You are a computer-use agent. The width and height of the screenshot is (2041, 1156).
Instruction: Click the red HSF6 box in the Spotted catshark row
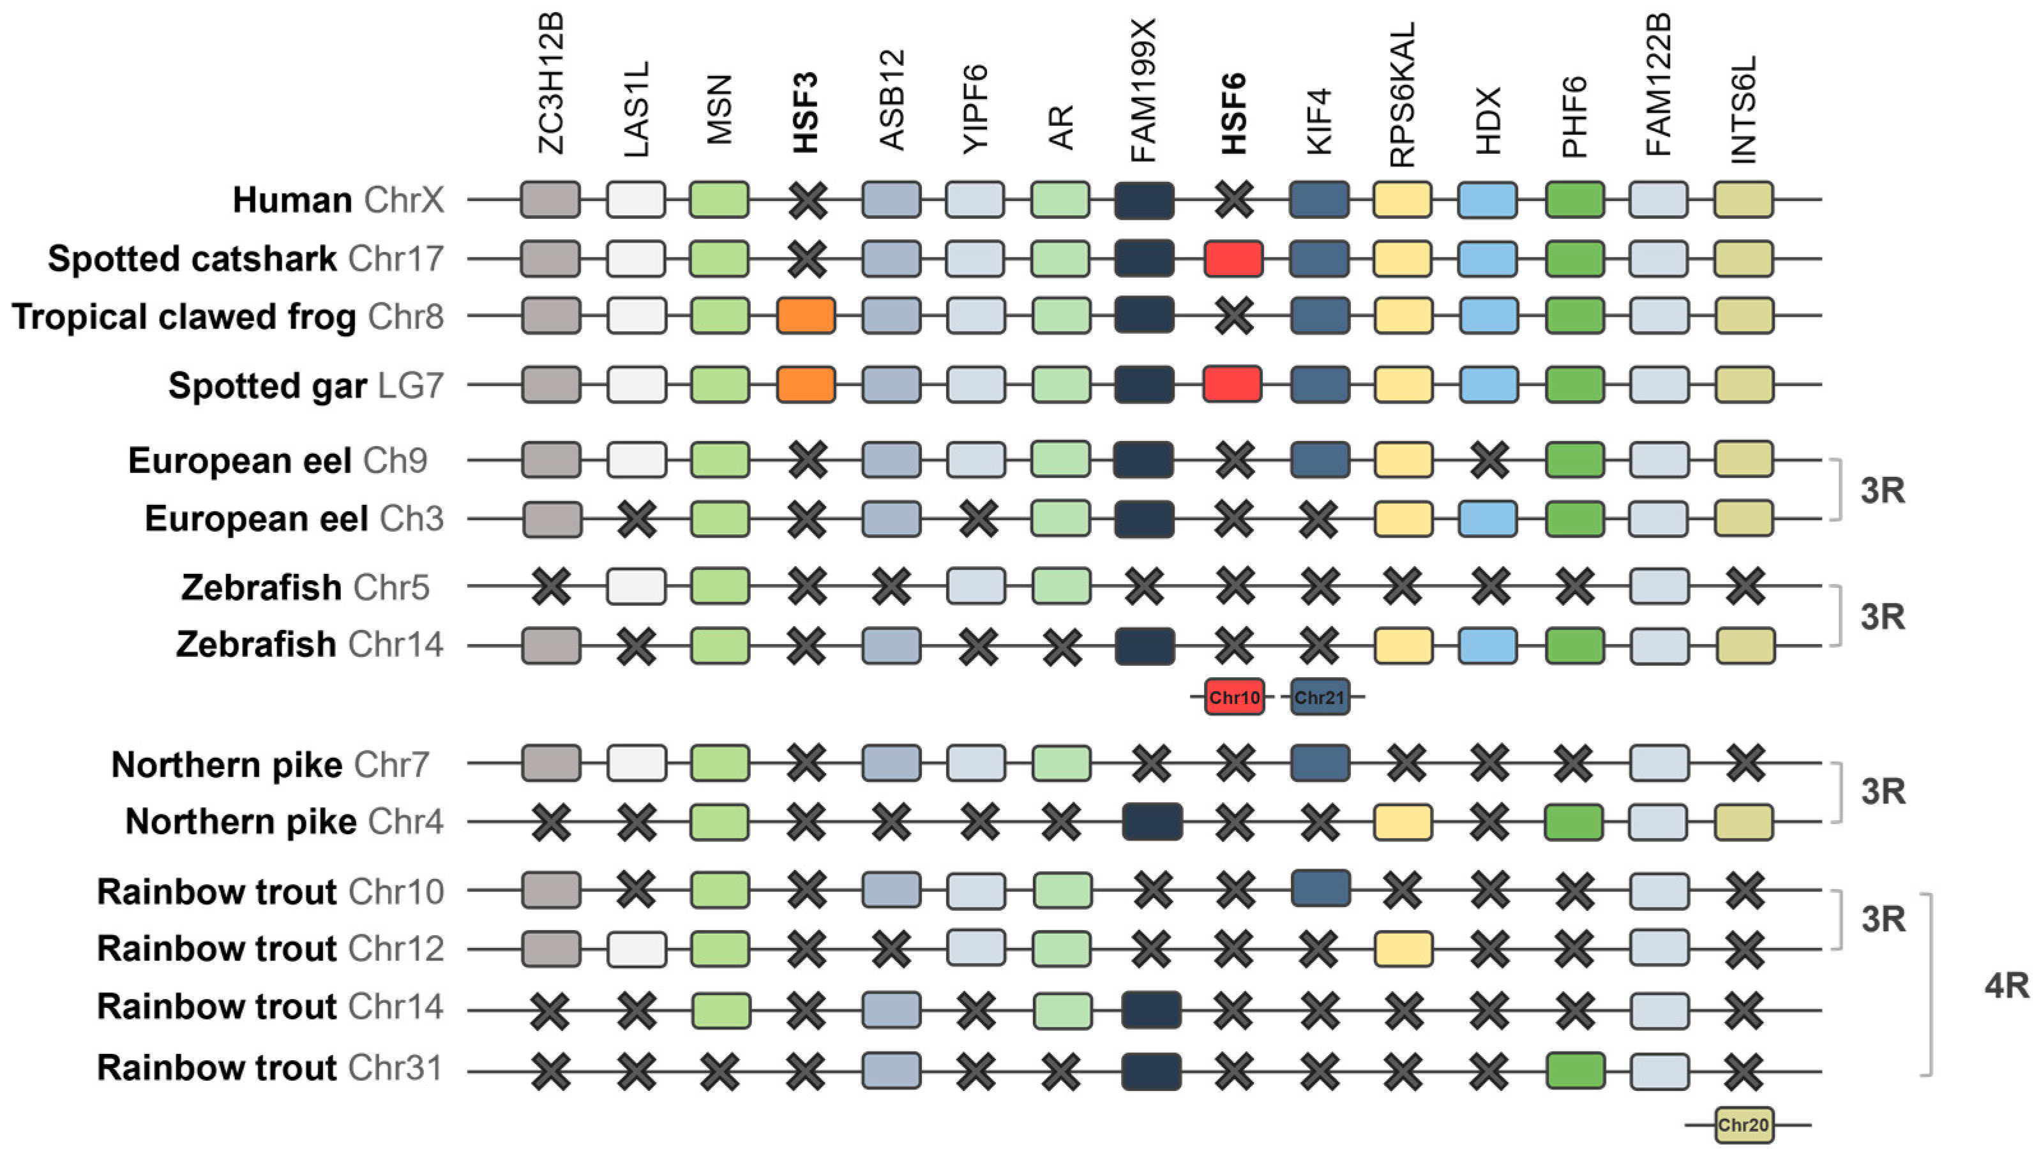click(x=1233, y=259)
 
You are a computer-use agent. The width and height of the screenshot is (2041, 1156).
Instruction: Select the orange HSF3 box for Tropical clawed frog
click(x=806, y=316)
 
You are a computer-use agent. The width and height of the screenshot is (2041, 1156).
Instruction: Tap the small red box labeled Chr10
click(x=1233, y=697)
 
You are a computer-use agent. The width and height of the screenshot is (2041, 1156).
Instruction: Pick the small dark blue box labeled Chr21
click(x=1320, y=697)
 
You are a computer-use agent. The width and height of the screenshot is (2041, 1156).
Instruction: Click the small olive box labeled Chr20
click(x=1744, y=1124)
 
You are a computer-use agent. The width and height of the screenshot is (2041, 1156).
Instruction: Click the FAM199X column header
click(x=1144, y=91)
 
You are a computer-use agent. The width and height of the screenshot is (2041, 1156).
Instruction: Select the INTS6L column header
click(x=1744, y=110)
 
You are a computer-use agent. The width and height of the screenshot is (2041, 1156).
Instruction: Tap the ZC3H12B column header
click(x=550, y=84)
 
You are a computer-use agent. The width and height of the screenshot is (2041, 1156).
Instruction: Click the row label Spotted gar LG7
click(x=306, y=386)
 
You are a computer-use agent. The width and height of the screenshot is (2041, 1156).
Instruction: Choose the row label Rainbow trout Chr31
click(x=270, y=1068)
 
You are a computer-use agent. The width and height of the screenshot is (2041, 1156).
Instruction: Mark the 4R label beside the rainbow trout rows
click(x=2006, y=986)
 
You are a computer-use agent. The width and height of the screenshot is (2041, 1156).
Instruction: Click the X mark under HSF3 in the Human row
click(x=808, y=200)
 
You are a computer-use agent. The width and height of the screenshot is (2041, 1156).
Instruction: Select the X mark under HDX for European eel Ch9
click(x=1489, y=460)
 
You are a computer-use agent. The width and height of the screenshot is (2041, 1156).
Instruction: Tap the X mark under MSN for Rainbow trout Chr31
click(x=720, y=1071)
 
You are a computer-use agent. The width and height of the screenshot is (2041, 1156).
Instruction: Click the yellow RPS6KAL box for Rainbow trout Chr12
click(x=1403, y=949)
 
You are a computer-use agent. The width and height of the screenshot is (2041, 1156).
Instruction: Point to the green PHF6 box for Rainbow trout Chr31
click(x=1575, y=1071)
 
